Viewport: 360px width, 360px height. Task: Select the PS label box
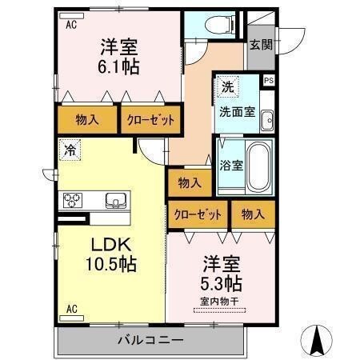(x=269, y=80)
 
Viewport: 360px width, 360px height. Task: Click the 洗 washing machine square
(x=227, y=86)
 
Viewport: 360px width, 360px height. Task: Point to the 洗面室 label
(x=238, y=112)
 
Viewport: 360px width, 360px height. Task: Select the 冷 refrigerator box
(x=70, y=148)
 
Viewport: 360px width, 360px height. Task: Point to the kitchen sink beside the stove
(x=114, y=200)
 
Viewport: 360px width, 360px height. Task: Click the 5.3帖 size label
(x=222, y=282)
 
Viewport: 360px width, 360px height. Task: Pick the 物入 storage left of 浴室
(x=190, y=183)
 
